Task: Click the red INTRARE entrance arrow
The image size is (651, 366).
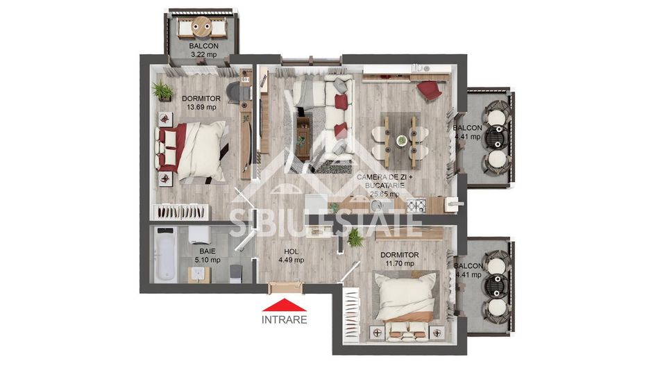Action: pyautogui.click(x=284, y=304)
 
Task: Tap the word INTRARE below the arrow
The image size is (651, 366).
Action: pyautogui.click(x=284, y=320)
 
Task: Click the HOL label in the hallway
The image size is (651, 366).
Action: pyautogui.click(x=291, y=251)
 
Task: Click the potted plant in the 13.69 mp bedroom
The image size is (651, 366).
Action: pyautogui.click(x=163, y=90)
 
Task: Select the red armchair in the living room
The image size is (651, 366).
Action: pyautogui.click(x=430, y=90)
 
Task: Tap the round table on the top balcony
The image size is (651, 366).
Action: pyautogui.click(x=202, y=28)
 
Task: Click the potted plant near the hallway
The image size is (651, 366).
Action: pyautogui.click(x=355, y=238)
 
